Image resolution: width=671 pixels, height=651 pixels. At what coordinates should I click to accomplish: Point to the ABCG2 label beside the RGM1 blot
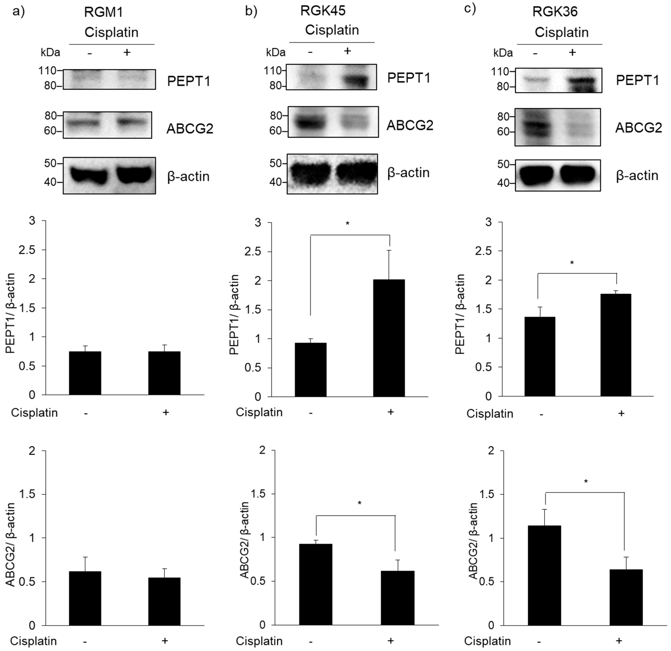190,129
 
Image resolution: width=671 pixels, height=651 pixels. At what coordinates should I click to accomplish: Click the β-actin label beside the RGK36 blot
637,176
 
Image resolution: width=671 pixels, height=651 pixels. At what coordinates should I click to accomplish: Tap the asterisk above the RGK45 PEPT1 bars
348,224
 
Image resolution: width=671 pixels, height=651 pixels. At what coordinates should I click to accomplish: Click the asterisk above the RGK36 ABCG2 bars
586,482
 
